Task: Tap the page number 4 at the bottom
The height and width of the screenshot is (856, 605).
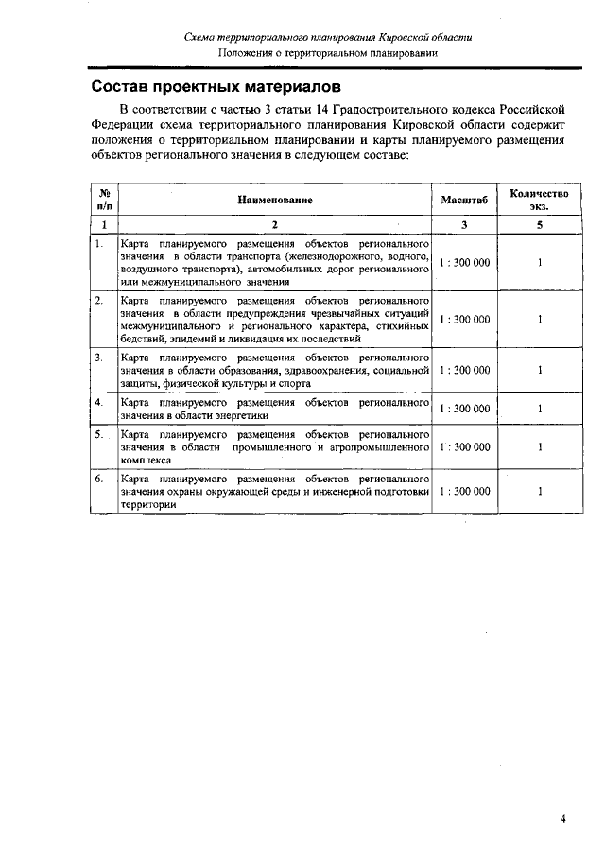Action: pos(562,819)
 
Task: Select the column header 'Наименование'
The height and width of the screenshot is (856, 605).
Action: pos(275,201)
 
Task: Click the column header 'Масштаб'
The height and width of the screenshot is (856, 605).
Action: pos(464,201)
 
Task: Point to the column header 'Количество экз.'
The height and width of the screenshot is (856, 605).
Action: pos(539,200)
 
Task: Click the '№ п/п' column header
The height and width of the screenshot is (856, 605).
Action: pos(104,200)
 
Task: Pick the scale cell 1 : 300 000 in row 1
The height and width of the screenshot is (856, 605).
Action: pos(464,262)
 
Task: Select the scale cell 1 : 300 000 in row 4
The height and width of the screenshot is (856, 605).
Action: pos(464,409)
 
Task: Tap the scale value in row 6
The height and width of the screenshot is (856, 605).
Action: pos(464,492)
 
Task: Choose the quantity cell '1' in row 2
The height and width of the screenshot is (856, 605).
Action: pos(539,320)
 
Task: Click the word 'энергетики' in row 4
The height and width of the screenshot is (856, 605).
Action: pos(242,415)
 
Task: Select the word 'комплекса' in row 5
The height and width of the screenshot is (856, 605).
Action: pos(146,460)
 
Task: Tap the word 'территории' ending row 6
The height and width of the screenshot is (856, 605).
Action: pos(148,505)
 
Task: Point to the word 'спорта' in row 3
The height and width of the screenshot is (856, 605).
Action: pos(289,383)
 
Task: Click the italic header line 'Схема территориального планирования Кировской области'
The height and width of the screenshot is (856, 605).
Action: pos(328,37)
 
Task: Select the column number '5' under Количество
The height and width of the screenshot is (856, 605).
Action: pos(539,225)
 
